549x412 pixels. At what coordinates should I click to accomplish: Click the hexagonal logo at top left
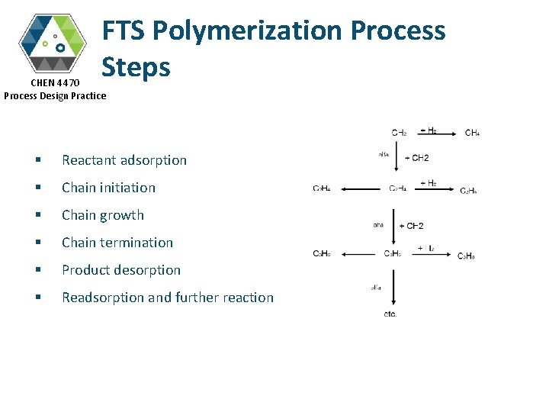(53, 43)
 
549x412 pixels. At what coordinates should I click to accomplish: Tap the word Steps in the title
(136, 67)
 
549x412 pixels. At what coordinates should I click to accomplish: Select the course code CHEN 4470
(54, 82)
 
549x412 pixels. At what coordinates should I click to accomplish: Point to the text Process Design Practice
(55, 95)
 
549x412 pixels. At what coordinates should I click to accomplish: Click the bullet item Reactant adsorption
(124, 160)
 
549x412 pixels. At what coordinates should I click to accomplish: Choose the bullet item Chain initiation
(108, 188)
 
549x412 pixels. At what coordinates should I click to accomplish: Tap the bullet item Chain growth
(102, 215)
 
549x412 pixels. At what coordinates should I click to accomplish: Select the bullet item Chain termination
(117, 243)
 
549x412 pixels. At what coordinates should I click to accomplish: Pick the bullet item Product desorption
(120, 270)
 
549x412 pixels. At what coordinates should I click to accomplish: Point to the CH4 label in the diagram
(472, 133)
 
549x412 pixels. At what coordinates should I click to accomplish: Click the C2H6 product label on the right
(468, 190)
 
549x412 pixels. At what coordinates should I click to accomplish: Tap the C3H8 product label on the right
(466, 256)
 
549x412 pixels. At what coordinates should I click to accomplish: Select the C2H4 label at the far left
(321, 188)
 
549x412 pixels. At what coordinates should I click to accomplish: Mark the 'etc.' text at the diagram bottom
(390, 314)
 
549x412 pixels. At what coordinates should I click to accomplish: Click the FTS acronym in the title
(124, 31)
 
